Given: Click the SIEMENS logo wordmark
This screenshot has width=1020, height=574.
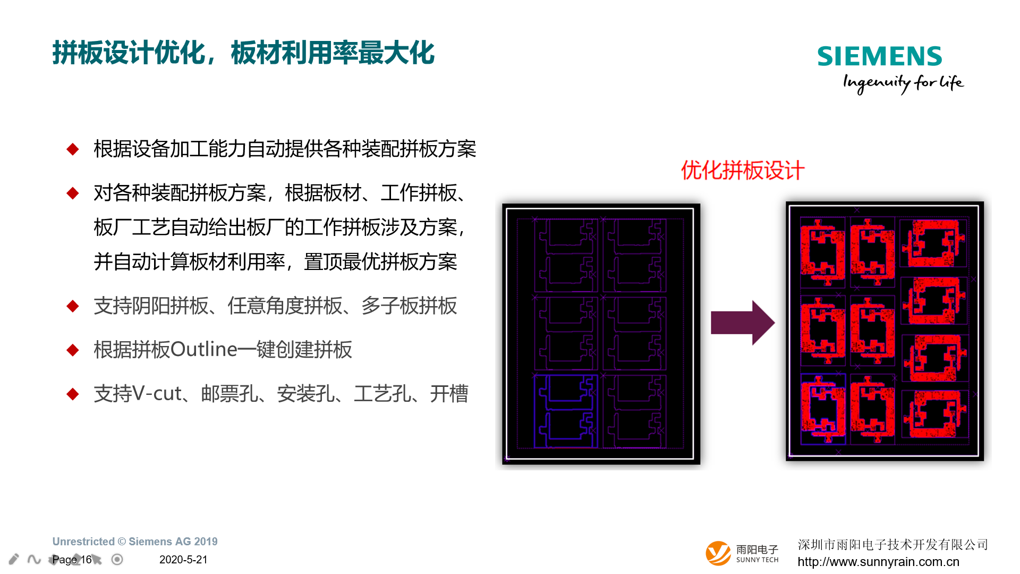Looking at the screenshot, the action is click(x=879, y=56).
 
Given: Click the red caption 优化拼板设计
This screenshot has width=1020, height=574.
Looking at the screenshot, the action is click(x=743, y=171).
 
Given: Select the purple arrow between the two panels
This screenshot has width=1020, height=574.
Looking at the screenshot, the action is click(x=743, y=323).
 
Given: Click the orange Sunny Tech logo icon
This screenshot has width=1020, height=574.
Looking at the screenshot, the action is click(x=718, y=553).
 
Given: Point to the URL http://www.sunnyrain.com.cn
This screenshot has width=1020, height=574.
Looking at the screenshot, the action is click(x=878, y=562).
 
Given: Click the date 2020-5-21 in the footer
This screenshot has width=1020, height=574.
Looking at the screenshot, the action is click(x=183, y=560).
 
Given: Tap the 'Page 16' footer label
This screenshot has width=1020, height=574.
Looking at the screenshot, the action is click(x=72, y=560).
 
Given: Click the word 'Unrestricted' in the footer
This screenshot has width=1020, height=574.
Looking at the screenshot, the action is click(x=83, y=542).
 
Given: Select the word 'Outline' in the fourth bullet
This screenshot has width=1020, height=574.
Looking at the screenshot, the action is click(x=204, y=349).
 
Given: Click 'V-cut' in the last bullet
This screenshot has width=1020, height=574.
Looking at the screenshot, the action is click(x=157, y=394).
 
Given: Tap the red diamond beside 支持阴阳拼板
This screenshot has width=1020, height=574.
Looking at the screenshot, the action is click(x=73, y=306).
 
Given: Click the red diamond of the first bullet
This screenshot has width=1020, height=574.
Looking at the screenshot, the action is click(x=73, y=149).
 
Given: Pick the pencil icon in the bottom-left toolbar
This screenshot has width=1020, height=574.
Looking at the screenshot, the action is click(x=14, y=559).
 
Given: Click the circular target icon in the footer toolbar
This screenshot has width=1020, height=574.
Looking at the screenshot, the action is click(x=117, y=559).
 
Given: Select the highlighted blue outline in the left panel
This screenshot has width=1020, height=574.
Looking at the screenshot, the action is click(x=566, y=411).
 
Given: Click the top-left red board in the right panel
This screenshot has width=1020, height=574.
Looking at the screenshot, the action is click(x=822, y=249).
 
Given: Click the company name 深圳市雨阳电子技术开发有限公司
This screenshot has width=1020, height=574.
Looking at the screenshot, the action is click(x=893, y=545).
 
